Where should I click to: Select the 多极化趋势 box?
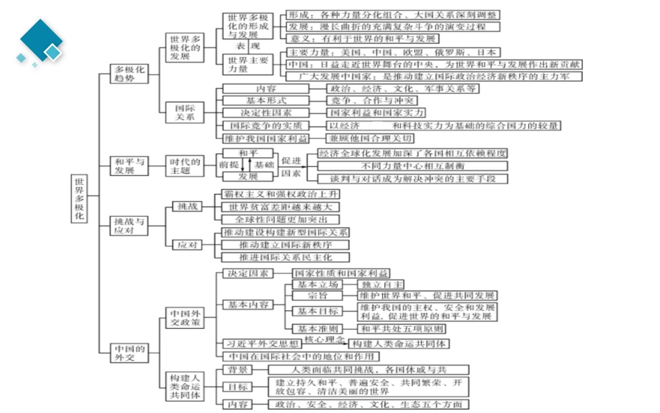coord(131,74)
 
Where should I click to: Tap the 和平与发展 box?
coord(131,165)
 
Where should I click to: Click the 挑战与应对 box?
coord(131,225)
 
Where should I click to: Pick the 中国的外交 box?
coord(131,353)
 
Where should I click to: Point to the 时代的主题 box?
coord(185,165)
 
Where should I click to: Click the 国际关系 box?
coord(185,113)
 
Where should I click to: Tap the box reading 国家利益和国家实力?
coord(376,113)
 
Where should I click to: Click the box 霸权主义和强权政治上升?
coord(281,194)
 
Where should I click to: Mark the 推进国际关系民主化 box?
coord(285,257)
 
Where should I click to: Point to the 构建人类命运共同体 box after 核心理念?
coord(399,343)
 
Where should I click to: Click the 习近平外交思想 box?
coord(261,343)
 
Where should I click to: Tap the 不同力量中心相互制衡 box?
coord(413,166)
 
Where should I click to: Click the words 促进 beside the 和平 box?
coord(291,160)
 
